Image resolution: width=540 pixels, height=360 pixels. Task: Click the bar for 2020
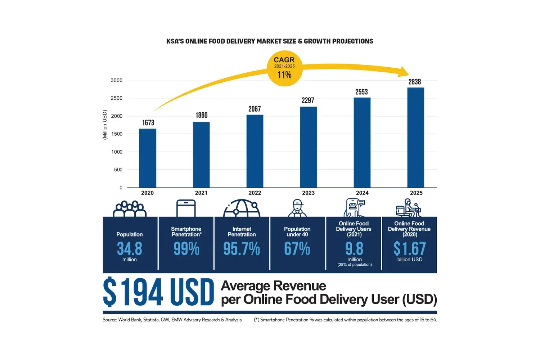[x=148, y=158]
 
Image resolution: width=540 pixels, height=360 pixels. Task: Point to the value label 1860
[x=202, y=115]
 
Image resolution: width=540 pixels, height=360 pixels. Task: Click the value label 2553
[x=361, y=92]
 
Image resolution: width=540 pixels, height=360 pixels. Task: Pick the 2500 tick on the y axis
[x=117, y=98]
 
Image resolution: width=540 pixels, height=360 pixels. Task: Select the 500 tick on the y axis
[x=118, y=170]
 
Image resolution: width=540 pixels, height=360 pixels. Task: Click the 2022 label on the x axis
[x=255, y=193]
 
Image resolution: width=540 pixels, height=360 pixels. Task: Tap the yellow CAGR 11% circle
[x=284, y=68]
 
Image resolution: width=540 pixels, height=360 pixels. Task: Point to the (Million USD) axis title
[x=105, y=125]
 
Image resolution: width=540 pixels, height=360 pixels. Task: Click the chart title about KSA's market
[x=270, y=41]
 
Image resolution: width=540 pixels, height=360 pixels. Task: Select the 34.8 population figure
[x=130, y=249]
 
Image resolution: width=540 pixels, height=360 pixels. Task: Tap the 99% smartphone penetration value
[x=186, y=249]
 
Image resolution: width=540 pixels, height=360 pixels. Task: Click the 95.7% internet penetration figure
[x=242, y=249]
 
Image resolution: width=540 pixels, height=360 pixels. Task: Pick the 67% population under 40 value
[x=297, y=249]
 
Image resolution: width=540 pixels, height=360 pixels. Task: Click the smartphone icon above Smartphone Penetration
[x=186, y=208]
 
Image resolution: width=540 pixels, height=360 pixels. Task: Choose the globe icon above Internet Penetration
[x=242, y=208]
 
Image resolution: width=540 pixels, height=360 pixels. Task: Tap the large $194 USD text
[x=158, y=292]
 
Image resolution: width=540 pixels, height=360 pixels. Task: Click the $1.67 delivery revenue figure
[x=410, y=249]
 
